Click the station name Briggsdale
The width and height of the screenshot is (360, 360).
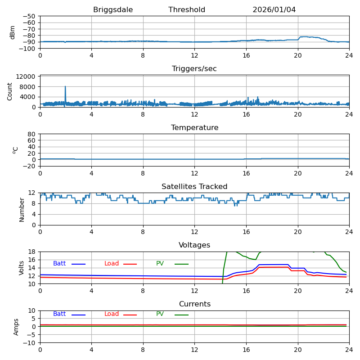pyautogui.click(x=113, y=10)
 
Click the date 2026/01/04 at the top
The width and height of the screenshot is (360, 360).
pyautogui.click(x=274, y=10)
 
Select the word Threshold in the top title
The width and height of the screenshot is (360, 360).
pyautogui.click(x=187, y=10)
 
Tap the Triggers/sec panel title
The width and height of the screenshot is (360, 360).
pyautogui.click(x=194, y=69)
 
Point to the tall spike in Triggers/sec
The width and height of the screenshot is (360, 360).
pyautogui.click(x=65, y=87)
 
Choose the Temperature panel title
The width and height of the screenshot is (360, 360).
pyautogui.click(x=194, y=128)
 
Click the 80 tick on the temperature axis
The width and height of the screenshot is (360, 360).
pyautogui.click(x=32, y=134)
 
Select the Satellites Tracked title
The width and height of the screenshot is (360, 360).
pyautogui.click(x=194, y=187)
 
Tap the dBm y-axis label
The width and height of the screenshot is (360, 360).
pyautogui.click(x=13, y=32)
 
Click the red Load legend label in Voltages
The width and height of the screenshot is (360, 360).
pyautogui.click(x=112, y=264)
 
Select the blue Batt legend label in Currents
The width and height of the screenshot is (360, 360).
pyautogui.click(x=59, y=314)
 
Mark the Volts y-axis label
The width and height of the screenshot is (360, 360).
pyautogui.click(x=22, y=268)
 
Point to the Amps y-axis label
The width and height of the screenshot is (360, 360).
pyautogui.click(x=16, y=327)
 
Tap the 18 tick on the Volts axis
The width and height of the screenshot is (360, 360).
pyautogui.click(x=32, y=252)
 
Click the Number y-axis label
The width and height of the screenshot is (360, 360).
pyautogui.click(x=22, y=209)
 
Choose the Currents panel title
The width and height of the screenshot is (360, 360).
pyautogui.click(x=194, y=304)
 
